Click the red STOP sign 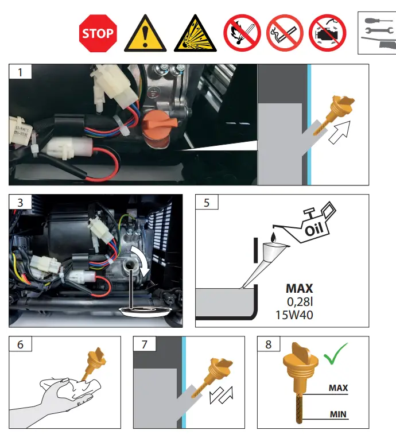pos(98,33)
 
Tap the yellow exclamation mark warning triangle pos(145,34)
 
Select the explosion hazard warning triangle pos(195,34)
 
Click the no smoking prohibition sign pos(285,33)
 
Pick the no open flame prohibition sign pos(242,33)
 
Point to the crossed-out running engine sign pos(328,33)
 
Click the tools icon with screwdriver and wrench pos(377,33)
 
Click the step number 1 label pos(20,72)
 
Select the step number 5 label pos(207,202)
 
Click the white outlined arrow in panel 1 pos(340,132)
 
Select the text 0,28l pos(300,302)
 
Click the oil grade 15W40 pos(294,315)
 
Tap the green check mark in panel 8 pos(335,354)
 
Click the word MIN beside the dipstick pos(338,414)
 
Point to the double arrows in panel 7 pos(221,394)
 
